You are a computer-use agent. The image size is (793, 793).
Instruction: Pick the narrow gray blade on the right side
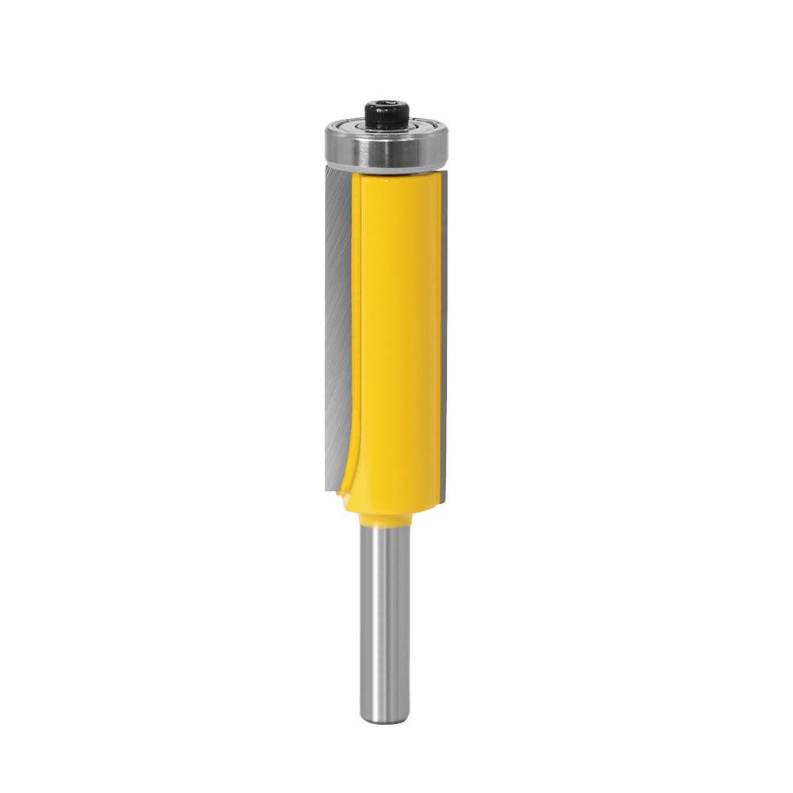pyautogui.click(x=444, y=333)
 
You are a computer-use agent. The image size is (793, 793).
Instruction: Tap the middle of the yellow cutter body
pyautogui.click(x=396, y=333)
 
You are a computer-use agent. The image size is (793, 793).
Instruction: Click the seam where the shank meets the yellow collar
pyautogui.click(x=386, y=528)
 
